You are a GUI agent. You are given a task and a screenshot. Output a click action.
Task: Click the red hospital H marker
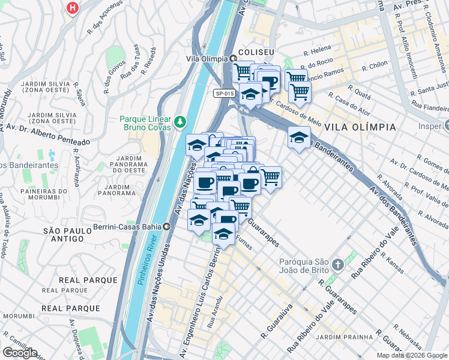73,8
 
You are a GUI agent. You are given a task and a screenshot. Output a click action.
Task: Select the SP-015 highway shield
223,93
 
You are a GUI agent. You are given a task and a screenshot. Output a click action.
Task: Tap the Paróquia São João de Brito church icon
337,264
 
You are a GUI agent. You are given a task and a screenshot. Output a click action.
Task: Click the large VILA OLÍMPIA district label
360,127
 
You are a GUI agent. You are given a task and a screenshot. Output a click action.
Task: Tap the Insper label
429,127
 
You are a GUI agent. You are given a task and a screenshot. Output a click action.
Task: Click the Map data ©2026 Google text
412,355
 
